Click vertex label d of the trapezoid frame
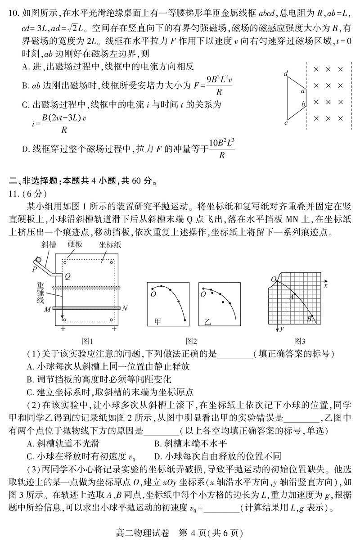[x=286, y=73]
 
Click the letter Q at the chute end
[x=67, y=275]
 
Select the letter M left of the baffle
[x=47, y=309]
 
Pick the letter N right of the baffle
[x=125, y=308]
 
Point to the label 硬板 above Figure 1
[x=75, y=244]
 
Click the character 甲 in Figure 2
[x=158, y=321]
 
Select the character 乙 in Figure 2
[x=207, y=321]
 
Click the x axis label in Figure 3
[x=325, y=285]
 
